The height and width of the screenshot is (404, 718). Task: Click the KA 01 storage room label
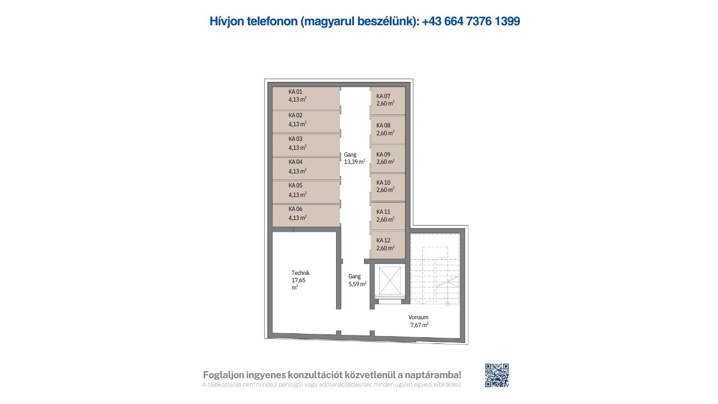click(x=295, y=91)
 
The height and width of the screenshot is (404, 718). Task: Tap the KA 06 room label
click(x=295, y=209)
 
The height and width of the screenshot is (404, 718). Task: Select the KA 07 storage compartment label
click(x=383, y=96)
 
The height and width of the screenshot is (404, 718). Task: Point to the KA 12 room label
click(x=383, y=240)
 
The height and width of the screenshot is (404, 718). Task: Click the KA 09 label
click(x=383, y=154)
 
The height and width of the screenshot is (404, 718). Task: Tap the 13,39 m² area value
click(x=355, y=162)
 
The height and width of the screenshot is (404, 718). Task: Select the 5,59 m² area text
click(x=357, y=284)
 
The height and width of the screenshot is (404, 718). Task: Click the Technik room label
click(x=301, y=273)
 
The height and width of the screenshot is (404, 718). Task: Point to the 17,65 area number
click(x=298, y=280)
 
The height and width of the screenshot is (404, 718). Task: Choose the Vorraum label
click(x=418, y=317)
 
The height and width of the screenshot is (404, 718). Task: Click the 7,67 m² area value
click(x=419, y=325)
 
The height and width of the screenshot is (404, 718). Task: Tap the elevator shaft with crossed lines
click(x=390, y=281)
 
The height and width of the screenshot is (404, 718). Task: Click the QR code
click(x=497, y=375)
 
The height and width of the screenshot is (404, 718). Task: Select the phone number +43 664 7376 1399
click(x=471, y=21)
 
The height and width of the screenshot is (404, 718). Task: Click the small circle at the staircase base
click(x=448, y=304)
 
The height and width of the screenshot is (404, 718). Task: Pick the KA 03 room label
click(x=295, y=139)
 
